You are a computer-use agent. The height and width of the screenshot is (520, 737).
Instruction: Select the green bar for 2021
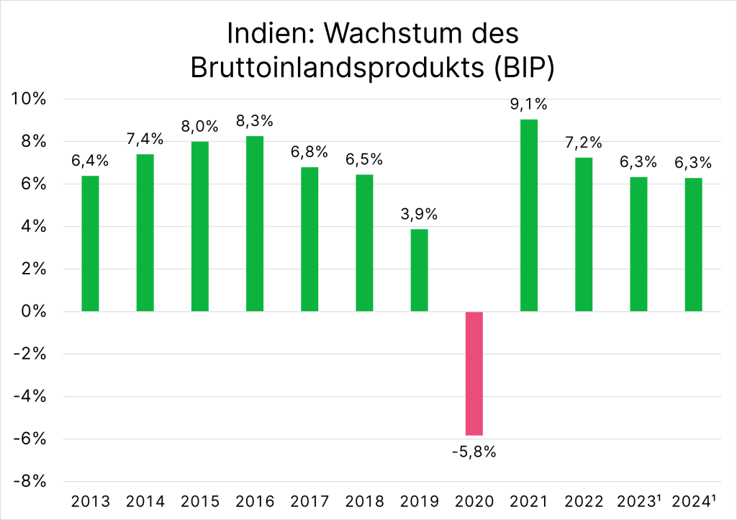tap(529, 215)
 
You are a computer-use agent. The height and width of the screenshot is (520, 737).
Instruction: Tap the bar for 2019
tap(420, 270)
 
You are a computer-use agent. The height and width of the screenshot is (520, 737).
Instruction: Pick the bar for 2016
tap(255, 223)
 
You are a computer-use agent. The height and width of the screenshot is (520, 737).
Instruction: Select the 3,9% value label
tap(420, 214)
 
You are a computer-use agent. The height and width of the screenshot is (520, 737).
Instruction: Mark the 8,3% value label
tap(255, 120)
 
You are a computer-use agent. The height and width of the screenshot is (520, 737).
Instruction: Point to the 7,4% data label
tap(145, 139)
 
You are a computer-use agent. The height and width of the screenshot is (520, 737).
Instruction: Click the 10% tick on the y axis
tap(30, 99)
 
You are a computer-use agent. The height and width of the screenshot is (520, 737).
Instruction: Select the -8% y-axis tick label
tap(32, 481)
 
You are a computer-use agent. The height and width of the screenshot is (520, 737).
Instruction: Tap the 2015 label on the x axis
tap(200, 501)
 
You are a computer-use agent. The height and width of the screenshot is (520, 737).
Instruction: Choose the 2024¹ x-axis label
tap(694, 501)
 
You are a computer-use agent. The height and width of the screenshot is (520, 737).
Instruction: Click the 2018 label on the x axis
tap(365, 501)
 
